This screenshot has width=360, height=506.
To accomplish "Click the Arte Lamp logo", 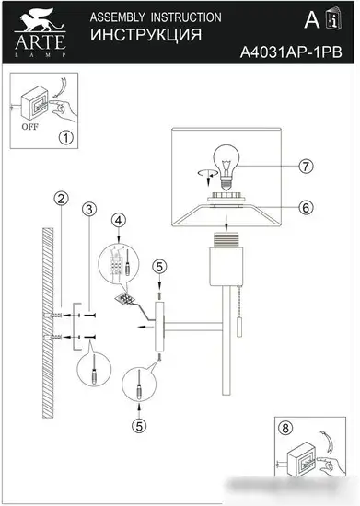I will (38, 27).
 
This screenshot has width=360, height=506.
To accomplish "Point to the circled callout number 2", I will (60, 198).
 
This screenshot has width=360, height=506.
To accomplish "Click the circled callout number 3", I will (88, 211).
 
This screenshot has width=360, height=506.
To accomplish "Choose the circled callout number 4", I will (119, 220).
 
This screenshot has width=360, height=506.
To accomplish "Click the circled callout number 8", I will (286, 429).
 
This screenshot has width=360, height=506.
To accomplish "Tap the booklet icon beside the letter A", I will (333, 20).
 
